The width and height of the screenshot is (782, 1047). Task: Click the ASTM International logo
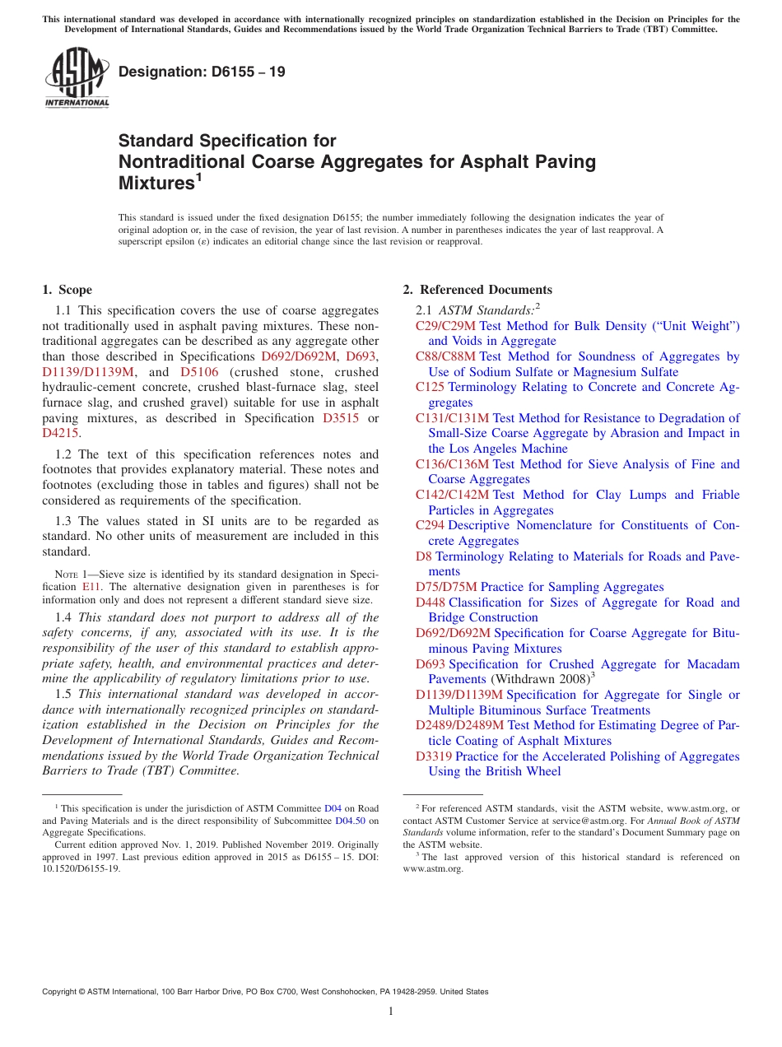coord(77,77)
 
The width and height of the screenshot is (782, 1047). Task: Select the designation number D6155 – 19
coord(202,72)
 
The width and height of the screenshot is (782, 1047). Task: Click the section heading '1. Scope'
coord(67,290)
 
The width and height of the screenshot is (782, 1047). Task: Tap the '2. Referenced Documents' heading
coord(477,290)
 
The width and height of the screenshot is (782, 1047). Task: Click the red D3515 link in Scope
coord(341,417)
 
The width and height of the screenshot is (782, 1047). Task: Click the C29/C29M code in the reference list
coord(445,326)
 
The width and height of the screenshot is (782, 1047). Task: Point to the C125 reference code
coord(430,387)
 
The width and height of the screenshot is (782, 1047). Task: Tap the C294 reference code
coord(430,525)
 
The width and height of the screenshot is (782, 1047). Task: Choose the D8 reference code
coord(423,556)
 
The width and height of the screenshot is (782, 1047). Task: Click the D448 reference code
coord(430,603)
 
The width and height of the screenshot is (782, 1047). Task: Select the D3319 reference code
coord(433,756)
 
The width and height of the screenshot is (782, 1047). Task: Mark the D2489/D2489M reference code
coord(459,725)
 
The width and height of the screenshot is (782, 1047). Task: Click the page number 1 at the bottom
coord(390,1012)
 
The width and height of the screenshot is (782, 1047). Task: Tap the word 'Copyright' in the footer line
coord(59,992)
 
